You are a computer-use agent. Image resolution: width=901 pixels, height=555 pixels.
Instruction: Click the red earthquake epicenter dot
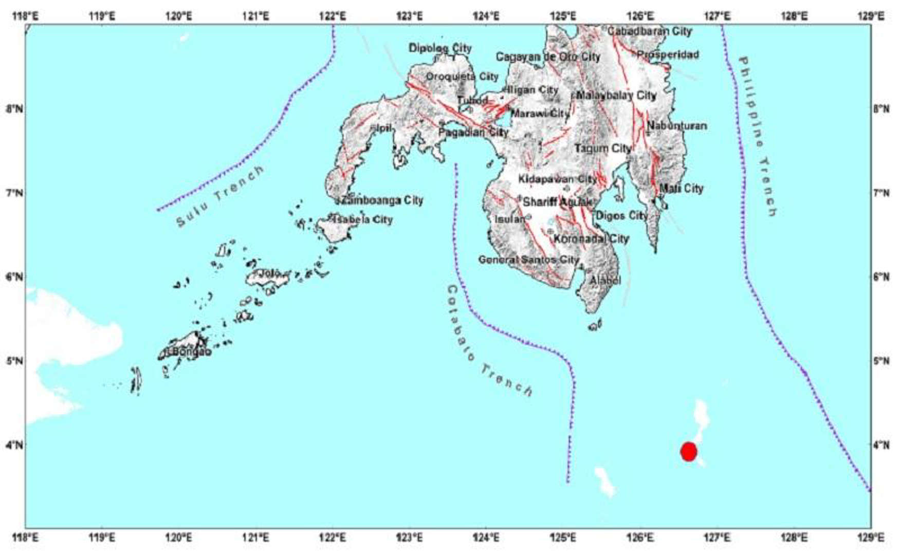688,451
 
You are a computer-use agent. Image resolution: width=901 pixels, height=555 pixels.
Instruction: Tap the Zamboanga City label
382,200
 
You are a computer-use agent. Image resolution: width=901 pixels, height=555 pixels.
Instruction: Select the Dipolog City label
440,48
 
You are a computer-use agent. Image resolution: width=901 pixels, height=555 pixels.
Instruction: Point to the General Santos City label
528,260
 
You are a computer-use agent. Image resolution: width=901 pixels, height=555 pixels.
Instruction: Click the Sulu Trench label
220,197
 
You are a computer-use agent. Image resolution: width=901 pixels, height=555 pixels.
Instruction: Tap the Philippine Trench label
758,137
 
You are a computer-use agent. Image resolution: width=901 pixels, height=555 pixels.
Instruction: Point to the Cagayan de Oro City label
548,57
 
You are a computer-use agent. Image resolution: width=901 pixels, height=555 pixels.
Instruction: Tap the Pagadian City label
473,132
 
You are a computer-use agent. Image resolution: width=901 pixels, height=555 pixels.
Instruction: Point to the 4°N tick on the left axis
14,445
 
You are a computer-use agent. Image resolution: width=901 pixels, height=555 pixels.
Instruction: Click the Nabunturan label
676,125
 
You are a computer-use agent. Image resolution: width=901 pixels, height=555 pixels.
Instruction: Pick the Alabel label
605,280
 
